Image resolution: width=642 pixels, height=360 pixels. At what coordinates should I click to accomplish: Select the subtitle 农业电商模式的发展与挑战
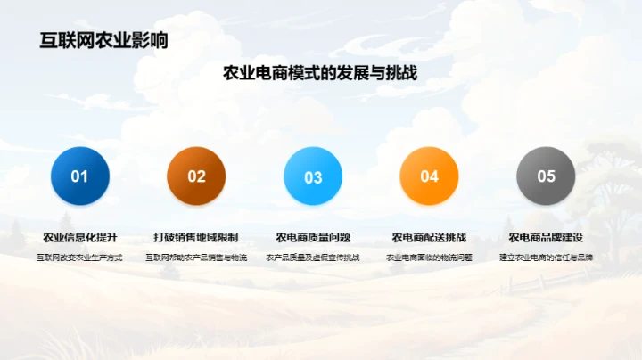(x=320, y=74)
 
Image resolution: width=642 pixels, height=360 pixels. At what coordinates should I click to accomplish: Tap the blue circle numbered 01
(x=80, y=176)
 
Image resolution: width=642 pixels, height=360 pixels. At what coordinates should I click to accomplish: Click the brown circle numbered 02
(x=196, y=176)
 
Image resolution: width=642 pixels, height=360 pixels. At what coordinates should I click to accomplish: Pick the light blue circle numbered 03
(x=313, y=176)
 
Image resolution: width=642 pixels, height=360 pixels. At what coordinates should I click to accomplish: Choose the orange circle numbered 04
(x=429, y=176)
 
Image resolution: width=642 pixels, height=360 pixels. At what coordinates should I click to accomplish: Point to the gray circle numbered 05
(x=546, y=176)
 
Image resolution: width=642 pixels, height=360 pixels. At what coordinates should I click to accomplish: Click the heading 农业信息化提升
(x=80, y=238)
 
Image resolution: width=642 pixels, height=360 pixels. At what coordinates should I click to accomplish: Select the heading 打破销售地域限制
(x=196, y=238)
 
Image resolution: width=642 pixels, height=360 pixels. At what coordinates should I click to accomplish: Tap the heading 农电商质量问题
(x=313, y=238)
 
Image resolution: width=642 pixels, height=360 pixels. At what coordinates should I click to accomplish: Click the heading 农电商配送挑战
(x=429, y=238)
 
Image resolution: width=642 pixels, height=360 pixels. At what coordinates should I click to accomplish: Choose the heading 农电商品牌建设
(x=546, y=238)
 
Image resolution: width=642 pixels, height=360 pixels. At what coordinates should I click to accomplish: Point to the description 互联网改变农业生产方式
(x=80, y=258)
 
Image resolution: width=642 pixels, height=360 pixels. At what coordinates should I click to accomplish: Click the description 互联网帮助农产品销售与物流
(x=196, y=258)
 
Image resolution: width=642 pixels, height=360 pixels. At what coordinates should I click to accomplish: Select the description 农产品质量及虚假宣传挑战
(x=313, y=258)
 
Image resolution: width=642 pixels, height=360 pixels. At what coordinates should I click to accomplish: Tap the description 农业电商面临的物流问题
(x=429, y=258)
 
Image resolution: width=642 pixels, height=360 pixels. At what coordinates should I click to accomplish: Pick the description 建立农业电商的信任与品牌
(x=546, y=258)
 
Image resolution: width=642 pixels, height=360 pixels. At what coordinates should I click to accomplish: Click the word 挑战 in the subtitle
(x=400, y=74)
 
